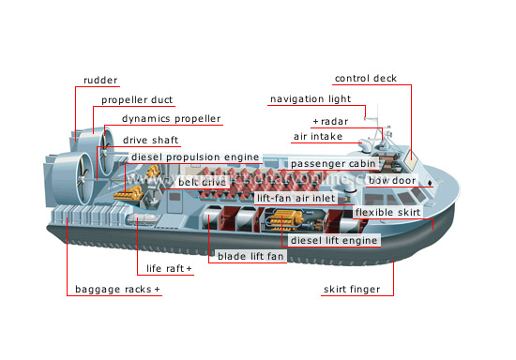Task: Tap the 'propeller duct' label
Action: click(x=137, y=100)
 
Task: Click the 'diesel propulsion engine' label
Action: click(x=195, y=157)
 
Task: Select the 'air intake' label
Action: click(x=318, y=137)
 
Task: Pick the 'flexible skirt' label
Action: click(x=386, y=213)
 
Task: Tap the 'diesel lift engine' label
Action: click(x=335, y=241)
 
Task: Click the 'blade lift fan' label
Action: click(x=251, y=256)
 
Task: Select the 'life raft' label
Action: click(x=169, y=270)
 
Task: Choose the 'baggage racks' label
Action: click(x=118, y=290)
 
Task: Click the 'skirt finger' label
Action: click(x=352, y=290)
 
